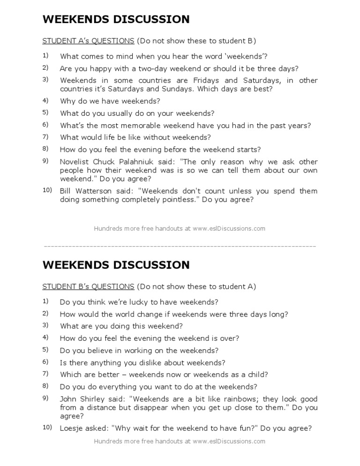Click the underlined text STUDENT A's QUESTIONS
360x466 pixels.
click(88, 41)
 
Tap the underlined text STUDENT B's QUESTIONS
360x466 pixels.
click(88, 286)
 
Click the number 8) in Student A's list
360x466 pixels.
click(45, 149)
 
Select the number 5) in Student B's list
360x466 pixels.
click(45, 349)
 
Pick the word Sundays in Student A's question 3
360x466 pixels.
click(172, 89)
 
